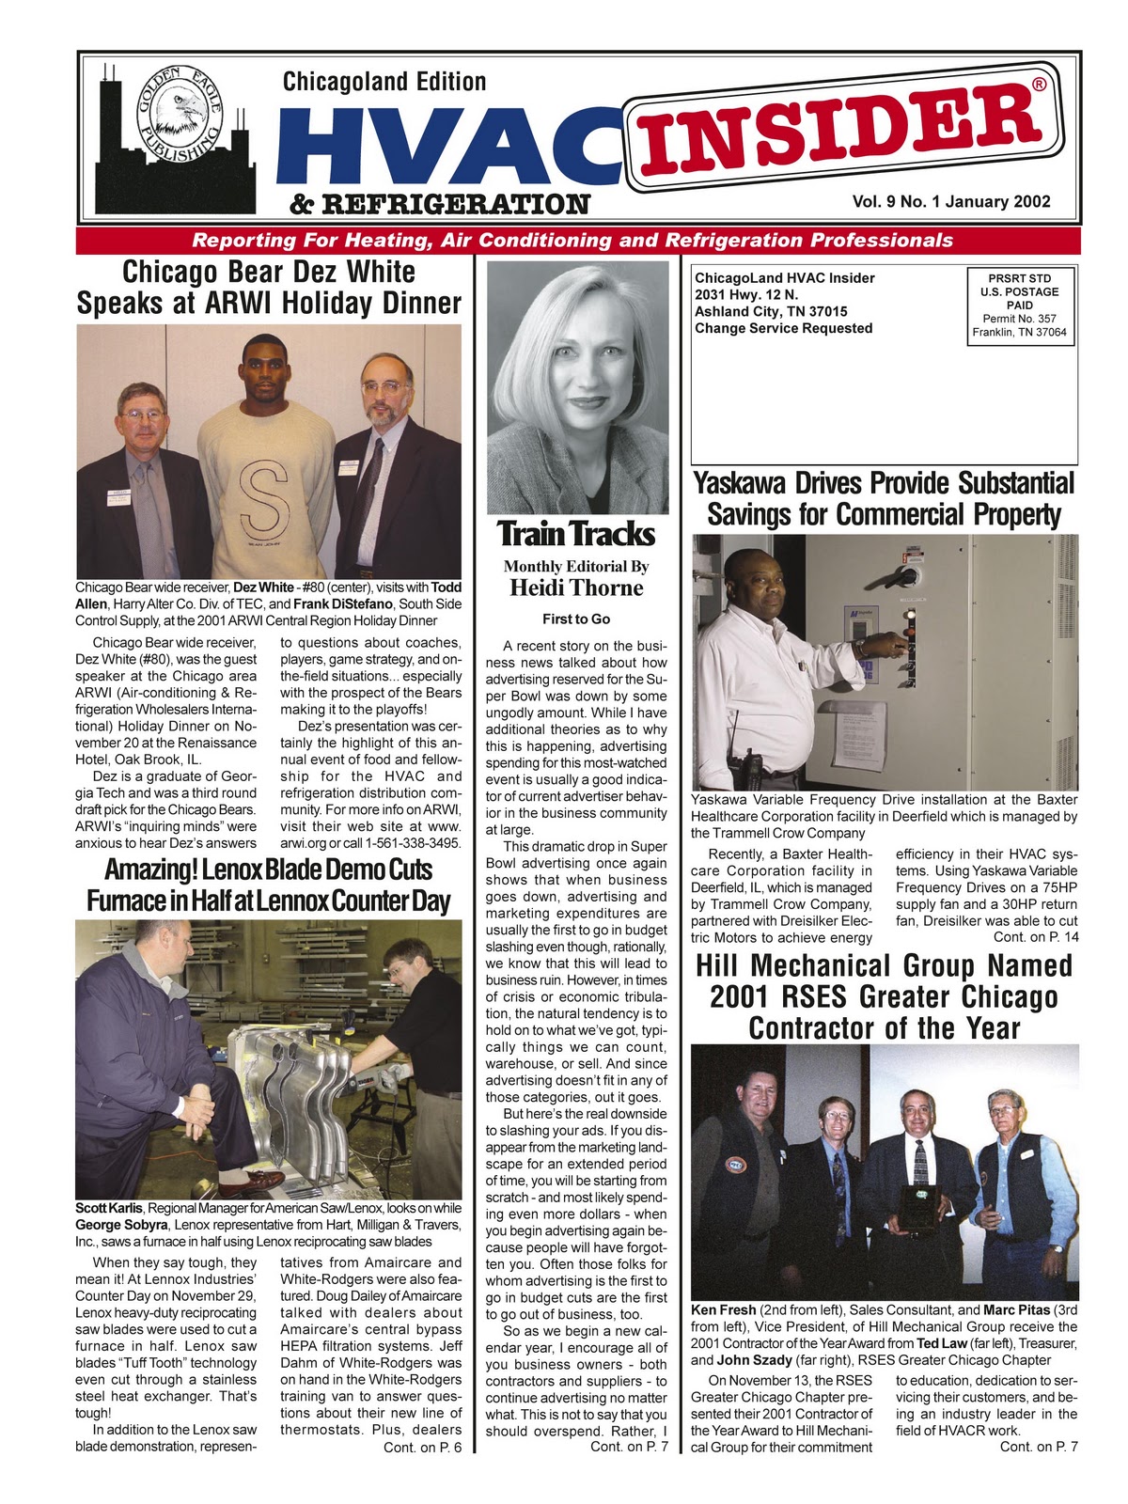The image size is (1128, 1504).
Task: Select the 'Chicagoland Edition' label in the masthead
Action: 384,82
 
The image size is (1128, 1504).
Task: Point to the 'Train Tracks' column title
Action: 575,534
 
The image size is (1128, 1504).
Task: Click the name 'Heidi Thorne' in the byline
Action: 576,588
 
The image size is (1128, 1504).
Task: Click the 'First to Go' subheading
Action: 576,619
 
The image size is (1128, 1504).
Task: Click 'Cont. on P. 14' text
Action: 1035,937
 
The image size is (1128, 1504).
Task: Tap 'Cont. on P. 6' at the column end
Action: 422,1448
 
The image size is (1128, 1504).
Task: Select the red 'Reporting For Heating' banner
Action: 572,240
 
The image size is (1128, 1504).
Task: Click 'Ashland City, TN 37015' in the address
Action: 771,311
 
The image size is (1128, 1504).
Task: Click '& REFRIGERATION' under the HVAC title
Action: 441,204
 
